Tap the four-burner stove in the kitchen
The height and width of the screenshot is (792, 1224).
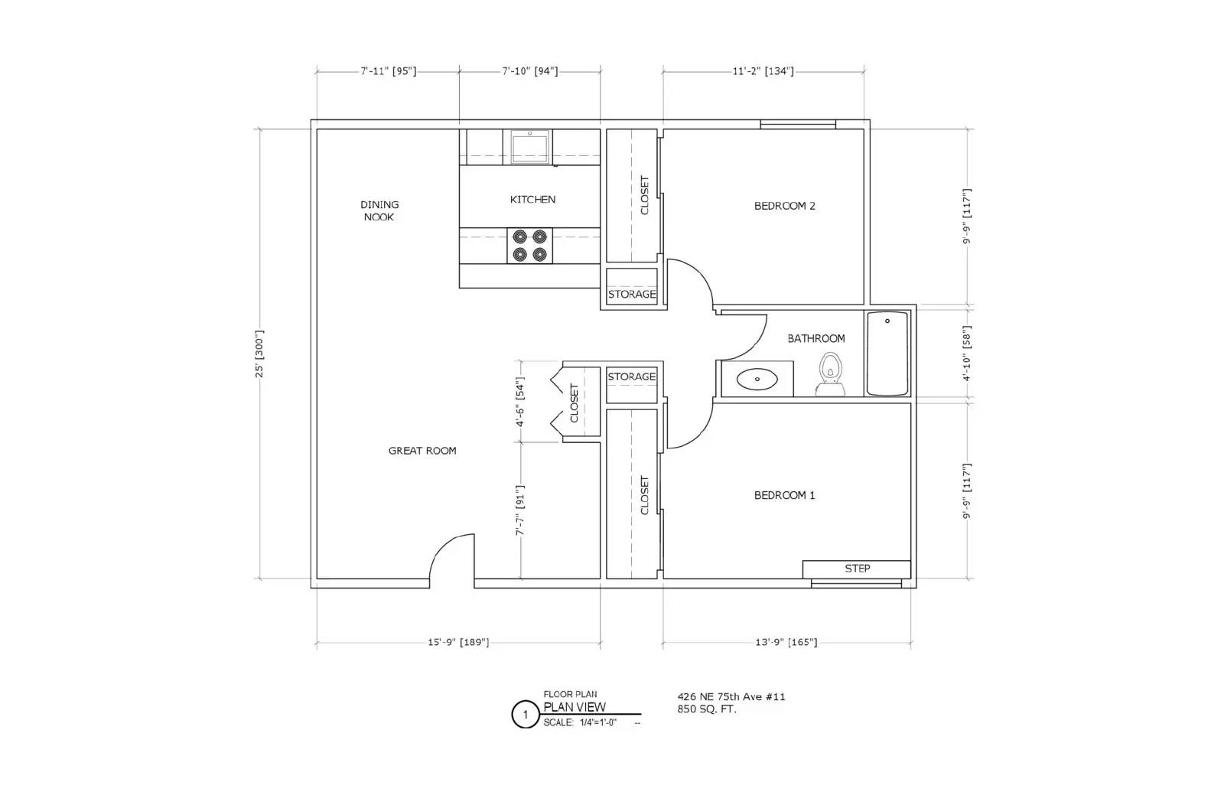pos(530,246)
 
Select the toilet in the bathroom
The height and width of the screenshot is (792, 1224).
pos(830,375)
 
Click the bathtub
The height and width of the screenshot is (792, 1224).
pos(887,353)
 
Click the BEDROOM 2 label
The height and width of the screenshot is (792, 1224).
pos(784,206)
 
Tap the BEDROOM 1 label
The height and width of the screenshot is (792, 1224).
pos(784,495)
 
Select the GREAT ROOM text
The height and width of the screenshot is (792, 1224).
pos(422,451)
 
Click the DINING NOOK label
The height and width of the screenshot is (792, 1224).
pos(379,210)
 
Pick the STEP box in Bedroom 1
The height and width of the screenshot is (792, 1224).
pos(857,569)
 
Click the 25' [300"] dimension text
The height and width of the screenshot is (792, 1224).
pos(259,354)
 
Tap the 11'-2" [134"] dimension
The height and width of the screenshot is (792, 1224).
pos(763,71)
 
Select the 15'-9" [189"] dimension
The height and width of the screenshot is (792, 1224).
pos(457,642)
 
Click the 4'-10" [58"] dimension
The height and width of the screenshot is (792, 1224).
pos(967,354)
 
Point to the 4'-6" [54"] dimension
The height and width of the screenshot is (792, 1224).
pos(520,402)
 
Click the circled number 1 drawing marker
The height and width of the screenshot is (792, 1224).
pos(525,715)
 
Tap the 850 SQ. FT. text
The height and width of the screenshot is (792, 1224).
pos(706,709)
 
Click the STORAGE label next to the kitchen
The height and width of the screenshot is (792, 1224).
pos(632,295)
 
